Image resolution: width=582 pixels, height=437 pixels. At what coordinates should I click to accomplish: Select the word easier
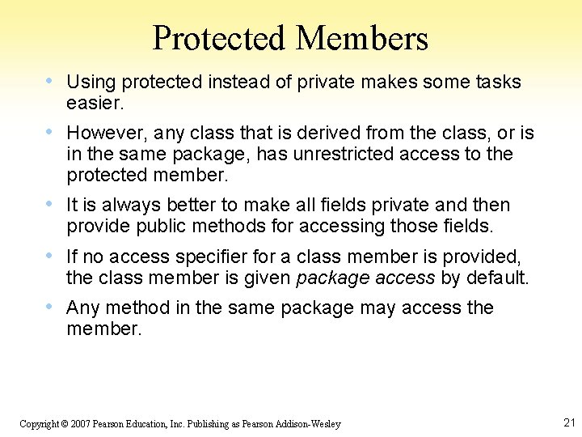95,103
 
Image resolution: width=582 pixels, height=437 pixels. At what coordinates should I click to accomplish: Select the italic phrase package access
365,278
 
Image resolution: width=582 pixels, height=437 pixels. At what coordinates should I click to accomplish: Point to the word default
496,278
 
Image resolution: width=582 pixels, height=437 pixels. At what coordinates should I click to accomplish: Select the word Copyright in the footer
38,424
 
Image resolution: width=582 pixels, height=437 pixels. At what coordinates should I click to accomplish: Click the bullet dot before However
51,131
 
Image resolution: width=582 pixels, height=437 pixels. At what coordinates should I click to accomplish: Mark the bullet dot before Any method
51,307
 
